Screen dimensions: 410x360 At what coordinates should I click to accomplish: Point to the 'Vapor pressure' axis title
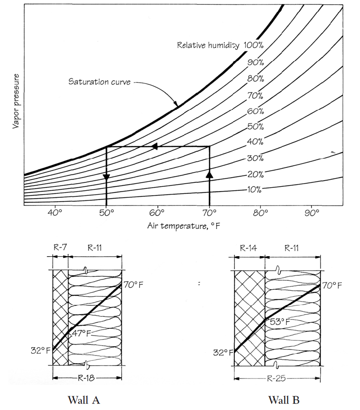point(16,102)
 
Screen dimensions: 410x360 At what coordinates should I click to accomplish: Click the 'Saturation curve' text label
point(99,82)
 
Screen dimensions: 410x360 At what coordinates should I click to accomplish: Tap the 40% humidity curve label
point(255,142)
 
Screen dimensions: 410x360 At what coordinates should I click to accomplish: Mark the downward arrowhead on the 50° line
point(106,177)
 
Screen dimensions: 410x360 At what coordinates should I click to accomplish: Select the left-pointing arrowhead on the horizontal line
point(154,146)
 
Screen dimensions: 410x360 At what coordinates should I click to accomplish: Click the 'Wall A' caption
point(84,400)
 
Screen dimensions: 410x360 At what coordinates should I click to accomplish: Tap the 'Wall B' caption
point(284,400)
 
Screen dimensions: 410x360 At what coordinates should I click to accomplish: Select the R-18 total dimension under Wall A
point(87,377)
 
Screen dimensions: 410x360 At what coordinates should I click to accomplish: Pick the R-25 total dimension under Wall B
point(277,378)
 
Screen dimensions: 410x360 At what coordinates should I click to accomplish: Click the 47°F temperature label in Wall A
point(82,332)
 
